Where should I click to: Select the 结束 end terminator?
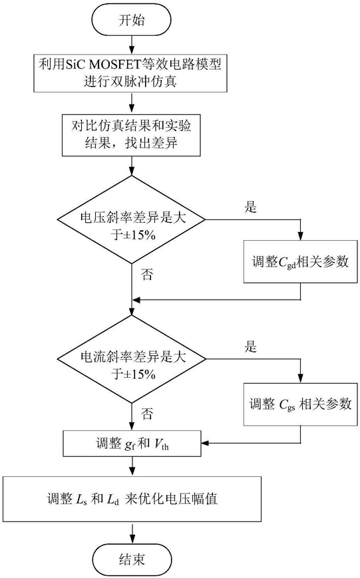(132, 559)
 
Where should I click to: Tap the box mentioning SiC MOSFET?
(130, 73)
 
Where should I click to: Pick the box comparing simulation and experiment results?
(131, 135)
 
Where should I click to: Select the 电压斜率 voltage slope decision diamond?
(131, 219)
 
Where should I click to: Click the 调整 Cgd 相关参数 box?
(300, 261)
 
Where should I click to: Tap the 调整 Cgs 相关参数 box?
(300, 404)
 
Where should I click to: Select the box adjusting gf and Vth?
(132, 443)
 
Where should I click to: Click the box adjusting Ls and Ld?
(132, 499)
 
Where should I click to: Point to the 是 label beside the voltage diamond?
(250, 207)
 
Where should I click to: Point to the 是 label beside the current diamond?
(250, 347)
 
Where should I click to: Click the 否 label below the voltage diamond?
(146, 274)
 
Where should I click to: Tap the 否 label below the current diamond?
(146, 414)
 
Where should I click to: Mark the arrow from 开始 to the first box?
(132, 45)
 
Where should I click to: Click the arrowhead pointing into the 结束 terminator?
(132, 539)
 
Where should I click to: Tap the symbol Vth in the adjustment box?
(162, 444)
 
